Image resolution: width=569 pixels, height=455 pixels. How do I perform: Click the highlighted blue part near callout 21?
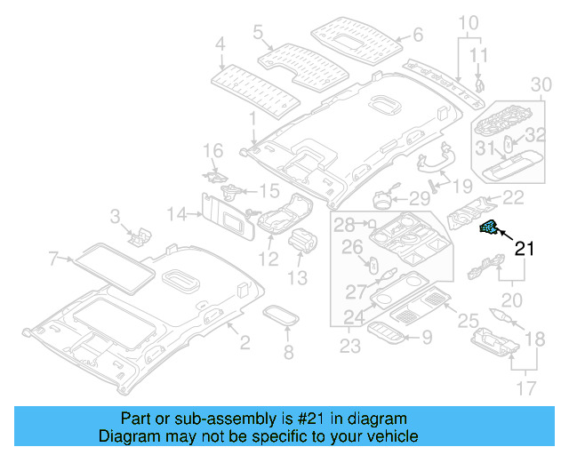[x=488, y=229]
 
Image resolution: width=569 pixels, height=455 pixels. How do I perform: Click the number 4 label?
[x=220, y=42]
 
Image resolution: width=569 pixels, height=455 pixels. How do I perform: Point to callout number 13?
[x=296, y=278]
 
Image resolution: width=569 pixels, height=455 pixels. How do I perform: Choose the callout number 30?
[x=541, y=84]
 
